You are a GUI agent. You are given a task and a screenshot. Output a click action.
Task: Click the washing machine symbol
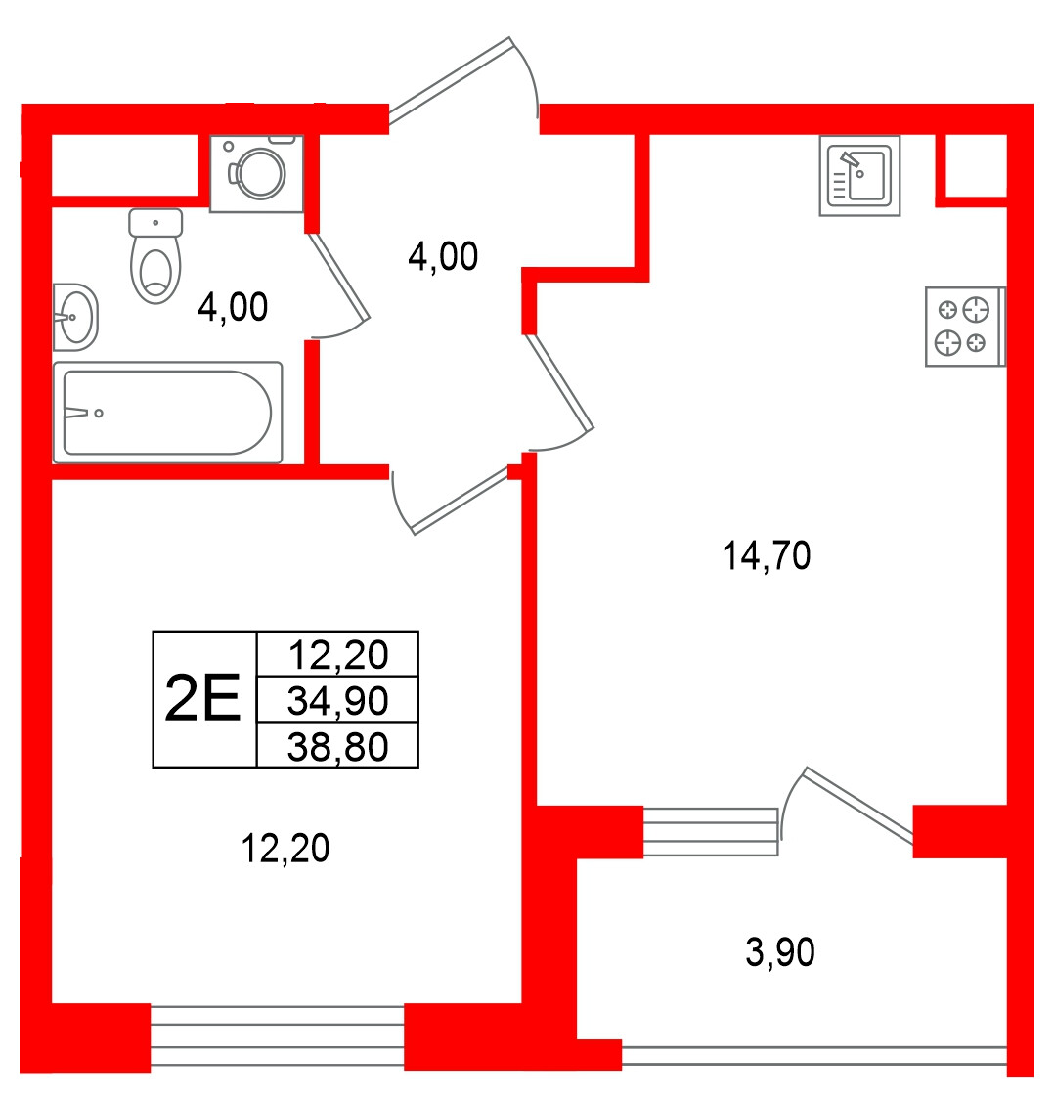(257, 174)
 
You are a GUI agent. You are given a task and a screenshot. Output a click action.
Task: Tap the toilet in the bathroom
(155, 255)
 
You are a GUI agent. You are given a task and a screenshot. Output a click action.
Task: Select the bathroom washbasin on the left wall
(75, 317)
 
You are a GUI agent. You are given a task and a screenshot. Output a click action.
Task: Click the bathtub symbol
(168, 413)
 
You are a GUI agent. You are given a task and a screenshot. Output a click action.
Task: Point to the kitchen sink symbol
(859, 175)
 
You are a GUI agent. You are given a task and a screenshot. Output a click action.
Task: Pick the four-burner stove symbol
(965, 327)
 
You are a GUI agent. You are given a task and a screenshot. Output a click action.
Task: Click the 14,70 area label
(767, 556)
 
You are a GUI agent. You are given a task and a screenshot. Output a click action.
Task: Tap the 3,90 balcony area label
(780, 952)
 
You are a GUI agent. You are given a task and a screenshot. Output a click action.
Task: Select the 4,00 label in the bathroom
(233, 307)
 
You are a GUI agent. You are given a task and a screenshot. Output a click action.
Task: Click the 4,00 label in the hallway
(443, 256)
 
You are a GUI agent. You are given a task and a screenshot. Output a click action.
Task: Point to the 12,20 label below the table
(285, 848)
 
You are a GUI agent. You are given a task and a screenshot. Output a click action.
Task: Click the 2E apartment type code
(202, 697)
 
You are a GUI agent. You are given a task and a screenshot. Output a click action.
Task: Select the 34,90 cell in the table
(337, 700)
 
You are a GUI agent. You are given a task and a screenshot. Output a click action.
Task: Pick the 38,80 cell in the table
(337, 746)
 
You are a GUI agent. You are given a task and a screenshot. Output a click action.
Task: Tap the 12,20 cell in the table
(337, 655)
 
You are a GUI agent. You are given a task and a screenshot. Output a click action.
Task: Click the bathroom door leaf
(338, 277)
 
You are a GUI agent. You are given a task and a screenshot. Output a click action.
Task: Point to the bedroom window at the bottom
(278, 1036)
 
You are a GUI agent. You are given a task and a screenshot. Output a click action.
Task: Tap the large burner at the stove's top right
(976, 310)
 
